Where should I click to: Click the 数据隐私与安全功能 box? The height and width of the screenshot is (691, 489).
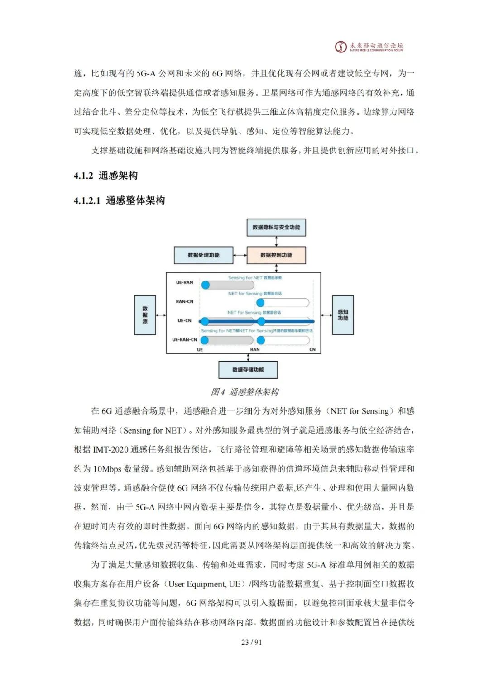(x=276, y=227)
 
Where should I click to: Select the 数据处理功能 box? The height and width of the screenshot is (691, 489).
(x=204, y=255)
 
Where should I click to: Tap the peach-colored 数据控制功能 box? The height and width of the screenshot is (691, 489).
(x=276, y=255)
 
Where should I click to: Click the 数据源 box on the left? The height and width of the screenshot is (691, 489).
(x=145, y=315)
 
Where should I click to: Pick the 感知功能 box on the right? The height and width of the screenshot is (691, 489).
(x=343, y=315)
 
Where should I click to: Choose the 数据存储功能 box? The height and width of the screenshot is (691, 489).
(x=248, y=370)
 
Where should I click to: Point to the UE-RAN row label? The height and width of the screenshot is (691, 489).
(x=184, y=282)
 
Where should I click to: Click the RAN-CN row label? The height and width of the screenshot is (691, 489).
(x=184, y=301)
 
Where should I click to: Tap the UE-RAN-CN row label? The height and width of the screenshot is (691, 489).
(x=184, y=339)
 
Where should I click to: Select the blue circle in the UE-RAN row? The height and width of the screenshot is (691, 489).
(x=206, y=285)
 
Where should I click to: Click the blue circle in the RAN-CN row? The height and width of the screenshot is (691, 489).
(x=260, y=303)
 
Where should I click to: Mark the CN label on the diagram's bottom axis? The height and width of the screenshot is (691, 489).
(x=312, y=350)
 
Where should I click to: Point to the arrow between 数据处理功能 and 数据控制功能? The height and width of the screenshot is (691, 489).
(x=240, y=255)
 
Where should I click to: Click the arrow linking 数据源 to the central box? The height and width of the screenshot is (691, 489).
(x=161, y=315)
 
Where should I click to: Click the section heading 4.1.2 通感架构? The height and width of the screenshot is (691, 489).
(x=105, y=176)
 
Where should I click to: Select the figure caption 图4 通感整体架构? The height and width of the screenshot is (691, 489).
(x=244, y=392)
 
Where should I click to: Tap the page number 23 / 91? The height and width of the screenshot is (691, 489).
(x=252, y=642)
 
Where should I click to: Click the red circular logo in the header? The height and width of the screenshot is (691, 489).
(x=340, y=47)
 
